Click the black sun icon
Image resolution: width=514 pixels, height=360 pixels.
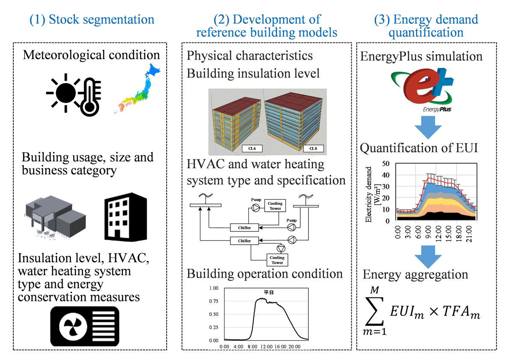point(66,93)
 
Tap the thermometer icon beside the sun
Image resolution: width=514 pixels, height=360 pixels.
point(90,97)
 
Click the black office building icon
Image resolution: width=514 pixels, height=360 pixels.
point(126,217)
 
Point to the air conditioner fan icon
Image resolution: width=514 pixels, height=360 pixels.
point(85,326)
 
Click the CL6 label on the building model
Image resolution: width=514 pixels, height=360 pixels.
point(252,149)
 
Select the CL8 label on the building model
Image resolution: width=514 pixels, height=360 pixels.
point(313,149)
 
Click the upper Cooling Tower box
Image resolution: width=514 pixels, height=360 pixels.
point(275,206)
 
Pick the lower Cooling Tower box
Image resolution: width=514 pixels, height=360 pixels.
point(277,260)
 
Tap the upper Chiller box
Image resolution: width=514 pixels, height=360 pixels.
point(245,228)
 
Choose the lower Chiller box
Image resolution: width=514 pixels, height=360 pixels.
point(245,240)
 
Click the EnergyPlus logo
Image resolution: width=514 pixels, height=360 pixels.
point(423,90)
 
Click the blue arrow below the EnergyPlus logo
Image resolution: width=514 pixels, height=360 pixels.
point(428,127)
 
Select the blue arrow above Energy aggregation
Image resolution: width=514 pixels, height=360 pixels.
point(428,257)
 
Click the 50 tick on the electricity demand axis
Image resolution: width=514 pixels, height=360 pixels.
point(386,163)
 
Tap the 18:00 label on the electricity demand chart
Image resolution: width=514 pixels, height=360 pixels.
point(458,234)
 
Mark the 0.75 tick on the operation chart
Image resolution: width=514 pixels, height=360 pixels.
point(214,301)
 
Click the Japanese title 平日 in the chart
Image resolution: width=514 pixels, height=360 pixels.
point(269,292)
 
